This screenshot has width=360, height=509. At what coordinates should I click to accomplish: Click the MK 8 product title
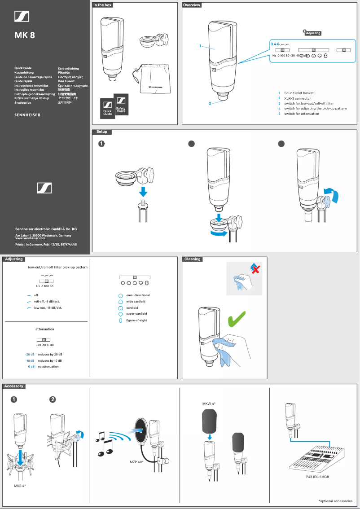click(x=25, y=35)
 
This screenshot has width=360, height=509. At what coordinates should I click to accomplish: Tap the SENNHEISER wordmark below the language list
click(x=27, y=115)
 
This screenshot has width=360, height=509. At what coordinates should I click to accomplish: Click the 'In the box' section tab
click(x=102, y=5)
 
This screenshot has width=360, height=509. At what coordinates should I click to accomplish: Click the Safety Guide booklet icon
click(x=121, y=105)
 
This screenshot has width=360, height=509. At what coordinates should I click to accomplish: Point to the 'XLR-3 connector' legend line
click(x=297, y=98)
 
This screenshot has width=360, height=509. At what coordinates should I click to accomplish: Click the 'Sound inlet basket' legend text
click(x=299, y=93)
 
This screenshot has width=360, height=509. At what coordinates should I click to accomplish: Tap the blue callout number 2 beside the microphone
click(x=210, y=103)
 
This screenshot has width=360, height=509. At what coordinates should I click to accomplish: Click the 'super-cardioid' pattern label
click(x=136, y=314)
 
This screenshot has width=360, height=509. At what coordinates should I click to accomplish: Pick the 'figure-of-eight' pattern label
click(x=136, y=320)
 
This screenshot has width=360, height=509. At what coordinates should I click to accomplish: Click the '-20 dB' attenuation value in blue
click(x=30, y=355)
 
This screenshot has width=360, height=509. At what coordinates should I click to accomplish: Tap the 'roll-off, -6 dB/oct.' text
click(x=48, y=302)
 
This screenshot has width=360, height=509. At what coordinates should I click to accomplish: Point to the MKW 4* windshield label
click(x=209, y=404)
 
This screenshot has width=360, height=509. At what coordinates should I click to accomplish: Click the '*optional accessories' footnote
click(x=335, y=500)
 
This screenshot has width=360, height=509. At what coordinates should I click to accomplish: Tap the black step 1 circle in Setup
click(x=102, y=144)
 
